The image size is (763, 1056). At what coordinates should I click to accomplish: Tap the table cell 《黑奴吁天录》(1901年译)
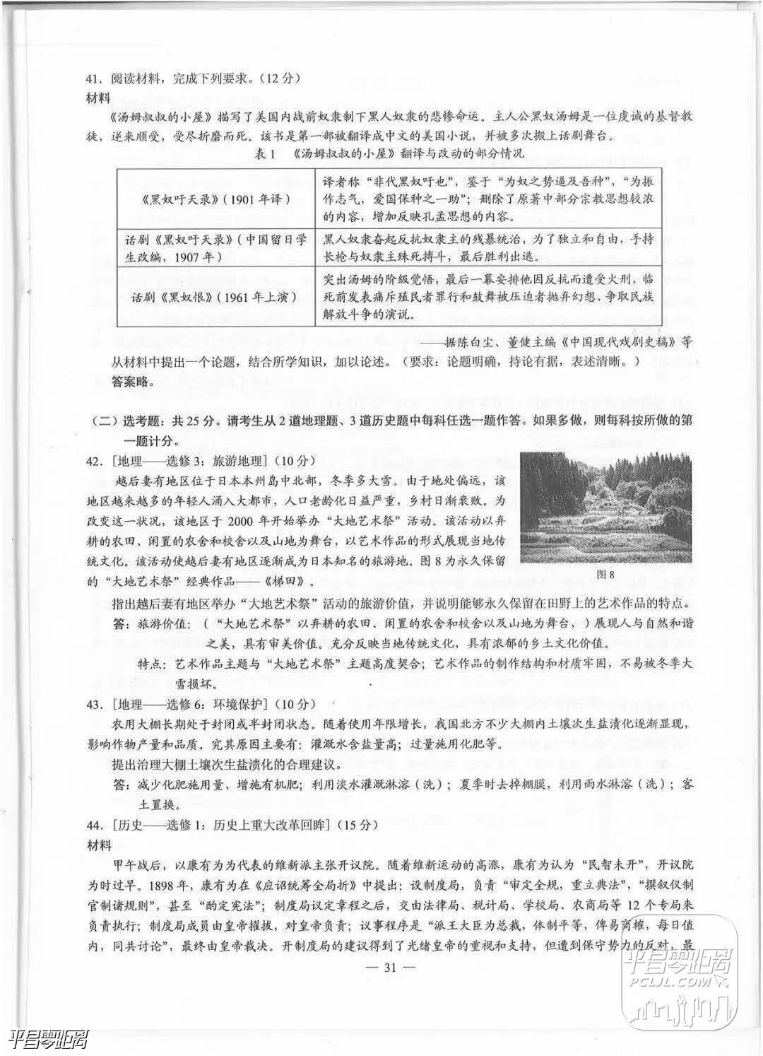point(215,199)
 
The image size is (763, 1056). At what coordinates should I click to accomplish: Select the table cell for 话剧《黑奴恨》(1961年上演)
point(215,297)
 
